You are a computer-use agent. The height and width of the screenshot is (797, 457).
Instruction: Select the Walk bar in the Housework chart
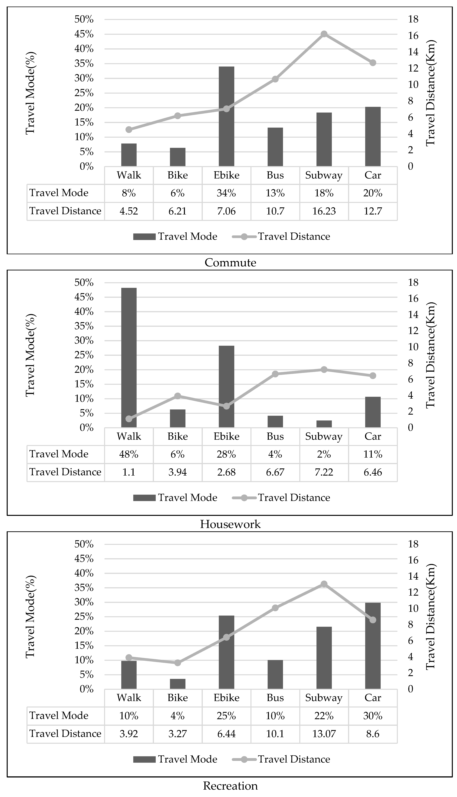coord(129,358)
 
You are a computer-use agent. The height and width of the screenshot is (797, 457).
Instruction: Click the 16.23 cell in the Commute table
coord(324,211)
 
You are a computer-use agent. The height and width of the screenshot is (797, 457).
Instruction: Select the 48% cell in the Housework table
coord(129,454)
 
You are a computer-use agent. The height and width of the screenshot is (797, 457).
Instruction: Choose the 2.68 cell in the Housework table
coord(226,472)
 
